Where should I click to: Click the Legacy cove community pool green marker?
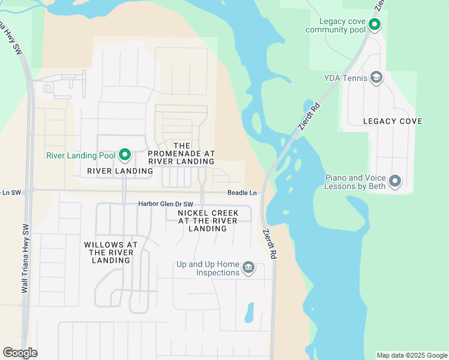coord(375,25)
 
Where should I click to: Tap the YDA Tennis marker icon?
coord(376,77)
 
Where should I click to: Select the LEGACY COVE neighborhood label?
coord(393,121)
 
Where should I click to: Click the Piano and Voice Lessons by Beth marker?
coord(395,181)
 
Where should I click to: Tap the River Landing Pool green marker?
coord(125,155)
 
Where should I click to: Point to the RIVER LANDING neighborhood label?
coord(120,171)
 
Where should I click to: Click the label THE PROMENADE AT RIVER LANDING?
coord(181,154)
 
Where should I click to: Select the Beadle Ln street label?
coord(242,193)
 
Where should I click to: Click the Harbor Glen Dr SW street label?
coord(166,204)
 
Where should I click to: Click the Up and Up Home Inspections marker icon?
coord(249,268)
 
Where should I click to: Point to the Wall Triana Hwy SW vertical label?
coord(25,258)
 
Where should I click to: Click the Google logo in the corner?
coord(20,353)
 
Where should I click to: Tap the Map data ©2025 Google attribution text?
coord(411,355)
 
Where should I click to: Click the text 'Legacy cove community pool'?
coord(335,25)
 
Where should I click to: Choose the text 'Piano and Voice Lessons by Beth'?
coord(354,182)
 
